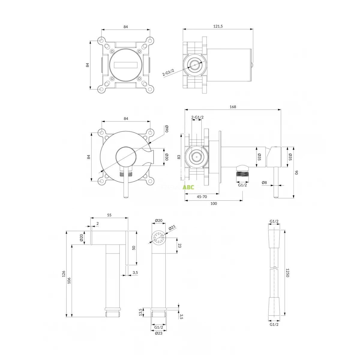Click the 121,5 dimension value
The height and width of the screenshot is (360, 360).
click(218, 26)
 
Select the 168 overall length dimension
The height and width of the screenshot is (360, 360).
click(232, 107)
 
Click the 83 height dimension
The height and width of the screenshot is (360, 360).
click(179, 157)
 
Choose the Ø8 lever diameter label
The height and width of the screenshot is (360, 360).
click(264, 182)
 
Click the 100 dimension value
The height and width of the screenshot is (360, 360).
click(214, 204)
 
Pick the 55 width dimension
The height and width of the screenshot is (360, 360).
click(109, 215)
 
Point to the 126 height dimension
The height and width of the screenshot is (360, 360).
click(64, 274)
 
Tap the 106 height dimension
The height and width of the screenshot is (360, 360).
click(69, 280)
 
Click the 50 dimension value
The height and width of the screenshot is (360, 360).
click(134, 248)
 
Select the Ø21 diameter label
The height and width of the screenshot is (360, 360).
click(172, 228)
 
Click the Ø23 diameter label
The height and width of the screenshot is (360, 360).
click(158, 333)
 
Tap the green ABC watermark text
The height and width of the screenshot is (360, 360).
click(189, 187)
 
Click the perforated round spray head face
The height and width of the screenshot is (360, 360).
click(159, 238)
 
